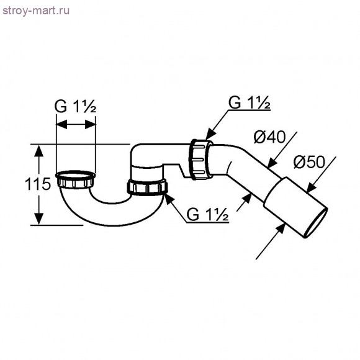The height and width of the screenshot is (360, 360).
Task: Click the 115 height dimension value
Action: click(x=20, y=184)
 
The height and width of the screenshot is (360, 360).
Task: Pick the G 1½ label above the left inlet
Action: click(x=76, y=106)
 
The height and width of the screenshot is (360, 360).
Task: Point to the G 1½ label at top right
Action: click(x=249, y=103)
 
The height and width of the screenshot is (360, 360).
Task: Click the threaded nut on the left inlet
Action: click(x=76, y=180)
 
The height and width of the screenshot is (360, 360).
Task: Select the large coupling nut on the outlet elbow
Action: click(x=202, y=159)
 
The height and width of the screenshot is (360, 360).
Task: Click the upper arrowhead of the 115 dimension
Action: click(x=38, y=150)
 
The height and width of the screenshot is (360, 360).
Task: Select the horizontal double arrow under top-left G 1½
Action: click(x=76, y=125)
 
